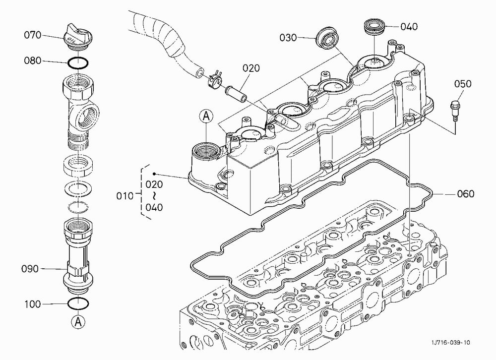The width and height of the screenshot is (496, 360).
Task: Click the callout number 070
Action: point(33,35)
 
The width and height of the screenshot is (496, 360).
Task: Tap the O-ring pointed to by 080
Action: point(77,62)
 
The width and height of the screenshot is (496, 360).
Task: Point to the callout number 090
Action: point(30,269)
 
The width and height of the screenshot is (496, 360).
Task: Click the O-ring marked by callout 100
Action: point(78,303)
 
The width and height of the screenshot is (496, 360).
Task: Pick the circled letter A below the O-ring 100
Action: point(78,322)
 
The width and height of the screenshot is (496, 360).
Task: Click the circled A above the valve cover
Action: point(206,116)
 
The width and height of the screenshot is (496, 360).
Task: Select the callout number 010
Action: point(124,196)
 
